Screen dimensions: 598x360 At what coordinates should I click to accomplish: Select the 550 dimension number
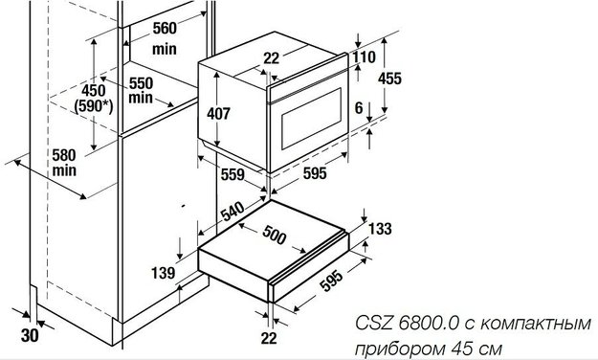click(142, 82)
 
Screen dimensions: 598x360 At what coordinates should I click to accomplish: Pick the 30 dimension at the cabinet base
click(30, 336)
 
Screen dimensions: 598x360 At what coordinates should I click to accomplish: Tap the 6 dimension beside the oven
click(358, 109)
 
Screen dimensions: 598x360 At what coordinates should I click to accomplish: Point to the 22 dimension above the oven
click(272, 57)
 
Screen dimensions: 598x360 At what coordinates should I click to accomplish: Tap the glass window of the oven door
click(309, 124)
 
